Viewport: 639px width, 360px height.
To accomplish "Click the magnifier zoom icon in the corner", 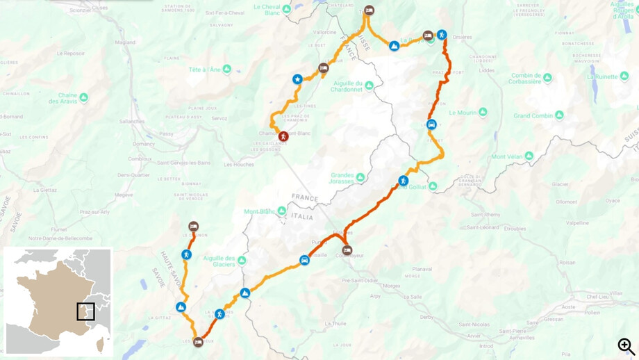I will pos(626,346).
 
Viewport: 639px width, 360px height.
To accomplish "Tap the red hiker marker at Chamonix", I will pos(283,136).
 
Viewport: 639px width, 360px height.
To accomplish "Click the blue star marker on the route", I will pos(297,79).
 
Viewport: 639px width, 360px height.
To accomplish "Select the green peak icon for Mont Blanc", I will pos(282,211).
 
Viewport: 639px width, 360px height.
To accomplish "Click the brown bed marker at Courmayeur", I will pos(347,250).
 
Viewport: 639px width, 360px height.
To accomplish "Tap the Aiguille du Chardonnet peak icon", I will pos(370,85).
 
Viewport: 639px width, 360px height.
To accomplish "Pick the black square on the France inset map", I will pos(85,311).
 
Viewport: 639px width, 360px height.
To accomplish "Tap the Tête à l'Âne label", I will pos(204,69).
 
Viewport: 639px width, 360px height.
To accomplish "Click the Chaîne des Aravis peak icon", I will pos(84,97).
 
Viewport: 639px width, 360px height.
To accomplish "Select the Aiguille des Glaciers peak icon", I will pos(242,261).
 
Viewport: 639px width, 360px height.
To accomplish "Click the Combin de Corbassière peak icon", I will pos(547,78).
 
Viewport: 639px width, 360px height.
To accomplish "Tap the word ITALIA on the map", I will pos(301,217).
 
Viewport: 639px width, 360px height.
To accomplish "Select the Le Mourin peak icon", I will pos(483,112).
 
